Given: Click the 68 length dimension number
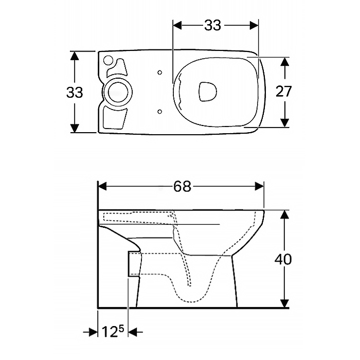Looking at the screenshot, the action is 182,186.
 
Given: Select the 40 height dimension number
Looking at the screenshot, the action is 283,259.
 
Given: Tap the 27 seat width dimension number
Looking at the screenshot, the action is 283,92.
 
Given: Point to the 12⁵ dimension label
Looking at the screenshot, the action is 113,332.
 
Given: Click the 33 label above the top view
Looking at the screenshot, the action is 212,25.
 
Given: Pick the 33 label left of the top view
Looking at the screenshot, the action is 75,93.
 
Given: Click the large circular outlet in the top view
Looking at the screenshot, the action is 118,92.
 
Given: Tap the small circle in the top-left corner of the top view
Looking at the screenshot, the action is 108,61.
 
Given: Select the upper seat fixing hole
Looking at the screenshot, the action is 160,73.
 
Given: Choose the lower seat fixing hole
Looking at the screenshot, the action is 160,112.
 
